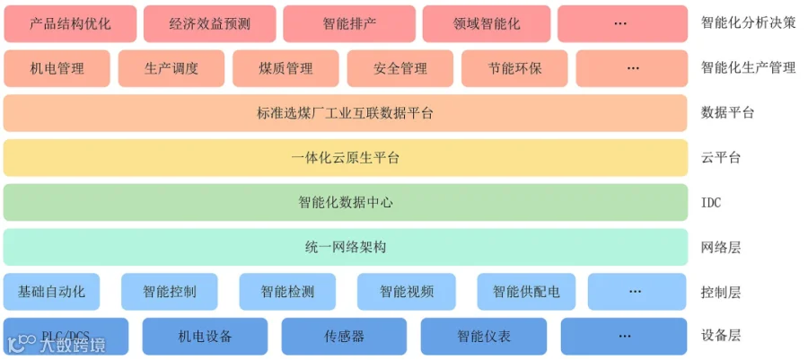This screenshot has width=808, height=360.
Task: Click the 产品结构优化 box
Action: pos(70,23)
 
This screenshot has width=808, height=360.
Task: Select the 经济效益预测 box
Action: pos(210,23)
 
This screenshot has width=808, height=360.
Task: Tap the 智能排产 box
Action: pos(349,23)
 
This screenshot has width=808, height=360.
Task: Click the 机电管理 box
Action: pos(57,68)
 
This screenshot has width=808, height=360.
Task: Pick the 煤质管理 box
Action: pos(285,68)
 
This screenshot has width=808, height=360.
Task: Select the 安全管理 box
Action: pos(400,68)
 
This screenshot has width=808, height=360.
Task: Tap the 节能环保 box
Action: pos(514,68)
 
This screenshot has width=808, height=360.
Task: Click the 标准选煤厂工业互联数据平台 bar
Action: pos(346,113)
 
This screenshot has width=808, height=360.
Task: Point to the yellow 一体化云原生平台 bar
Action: pos(346,158)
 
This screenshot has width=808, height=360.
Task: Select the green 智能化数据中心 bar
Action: pos(346,202)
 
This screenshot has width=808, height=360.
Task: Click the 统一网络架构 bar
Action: pos(346,247)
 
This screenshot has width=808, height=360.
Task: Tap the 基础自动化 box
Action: pos(51,292)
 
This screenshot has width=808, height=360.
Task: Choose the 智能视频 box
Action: pos(407,292)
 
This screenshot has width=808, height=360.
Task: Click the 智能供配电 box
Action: pos(526,292)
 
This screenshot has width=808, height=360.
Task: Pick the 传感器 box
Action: pos(344,337)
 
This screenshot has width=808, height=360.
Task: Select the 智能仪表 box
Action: pos(484,337)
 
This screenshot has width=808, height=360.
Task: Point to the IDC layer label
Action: pos(711,203)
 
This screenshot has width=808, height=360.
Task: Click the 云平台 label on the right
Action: pos(721,158)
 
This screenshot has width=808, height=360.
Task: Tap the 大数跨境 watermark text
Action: pos(74,345)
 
